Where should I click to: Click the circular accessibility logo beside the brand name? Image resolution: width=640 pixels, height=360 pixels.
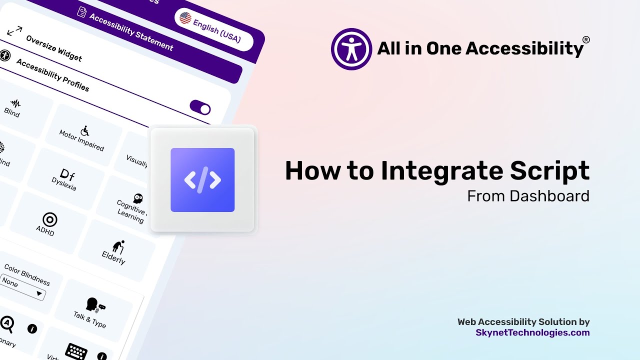[x=351, y=49]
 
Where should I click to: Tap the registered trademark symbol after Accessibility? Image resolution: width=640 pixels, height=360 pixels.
[x=586, y=40]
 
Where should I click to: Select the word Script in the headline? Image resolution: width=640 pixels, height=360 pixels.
[x=549, y=171]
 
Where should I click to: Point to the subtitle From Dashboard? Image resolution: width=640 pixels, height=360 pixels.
[x=528, y=196]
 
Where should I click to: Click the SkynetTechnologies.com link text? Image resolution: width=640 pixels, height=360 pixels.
[x=532, y=332]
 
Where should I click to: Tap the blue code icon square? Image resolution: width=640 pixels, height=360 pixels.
[x=202, y=180]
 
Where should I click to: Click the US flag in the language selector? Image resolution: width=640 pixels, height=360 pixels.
[x=185, y=18]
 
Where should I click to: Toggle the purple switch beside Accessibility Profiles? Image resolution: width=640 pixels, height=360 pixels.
[x=200, y=107]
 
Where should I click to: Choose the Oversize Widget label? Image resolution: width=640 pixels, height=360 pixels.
[x=54, y=48]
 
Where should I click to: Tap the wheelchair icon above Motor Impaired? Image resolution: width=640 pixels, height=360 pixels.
[x=85, y=130]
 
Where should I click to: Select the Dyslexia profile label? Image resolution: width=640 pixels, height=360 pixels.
[x=64, y=183]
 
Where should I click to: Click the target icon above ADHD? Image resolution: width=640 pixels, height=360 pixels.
[x=49, y=219]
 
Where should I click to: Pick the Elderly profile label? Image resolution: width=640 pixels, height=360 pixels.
[x=113, y=257]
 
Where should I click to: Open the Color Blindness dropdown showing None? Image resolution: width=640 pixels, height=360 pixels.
[x=23, y=287]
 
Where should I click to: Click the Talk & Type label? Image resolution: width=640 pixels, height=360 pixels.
[x=90, y=319]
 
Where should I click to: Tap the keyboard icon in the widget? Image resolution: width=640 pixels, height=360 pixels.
[x=76, y=351]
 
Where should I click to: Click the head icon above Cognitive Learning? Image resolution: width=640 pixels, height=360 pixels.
[x=138, y=199]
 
